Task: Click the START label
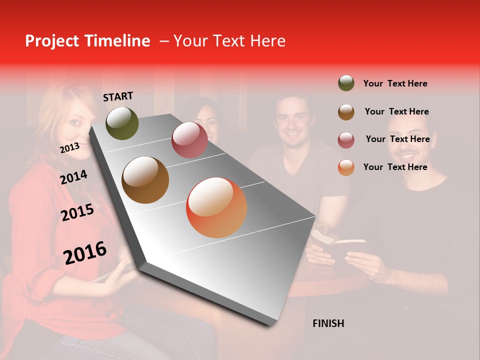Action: coord(118,96)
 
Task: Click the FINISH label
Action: coord(328,323)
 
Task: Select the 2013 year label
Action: coord(69,147)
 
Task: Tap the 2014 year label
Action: coord(74,177)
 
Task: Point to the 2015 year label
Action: coord(77,212)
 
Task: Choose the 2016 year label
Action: coord(85,252)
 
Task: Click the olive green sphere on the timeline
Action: coord(122,123)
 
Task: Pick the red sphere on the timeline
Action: coord(189,140)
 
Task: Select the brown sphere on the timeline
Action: coord(145,180)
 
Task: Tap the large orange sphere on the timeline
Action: coord(216,207)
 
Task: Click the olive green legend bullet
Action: coord(346,83)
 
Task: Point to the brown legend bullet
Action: coord(346,111)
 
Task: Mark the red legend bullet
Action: coord(346,139)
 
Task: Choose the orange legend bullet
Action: coord(346,167)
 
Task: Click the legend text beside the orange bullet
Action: coord(395,167)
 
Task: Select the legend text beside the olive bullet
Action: coord(395,83)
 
